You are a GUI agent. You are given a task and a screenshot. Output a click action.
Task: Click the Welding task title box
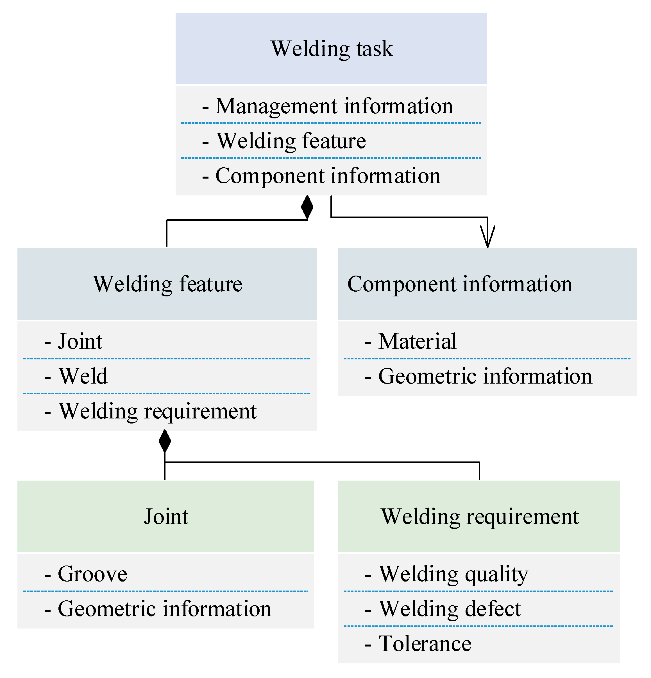331,48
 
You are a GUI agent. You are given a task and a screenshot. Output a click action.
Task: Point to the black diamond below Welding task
307,207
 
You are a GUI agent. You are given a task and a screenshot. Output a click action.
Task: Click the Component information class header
487,284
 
